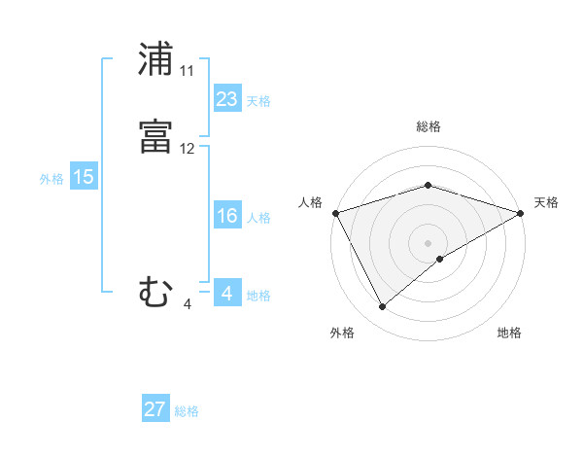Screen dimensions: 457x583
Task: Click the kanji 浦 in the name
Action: [x=155, y=59]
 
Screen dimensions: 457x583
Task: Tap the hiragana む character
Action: [x=155, y=292]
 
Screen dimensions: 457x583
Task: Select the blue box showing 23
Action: [x=227, y=99]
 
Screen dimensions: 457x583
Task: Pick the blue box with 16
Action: [x=227, y=216]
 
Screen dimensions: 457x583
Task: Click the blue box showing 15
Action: [x=84, y=177]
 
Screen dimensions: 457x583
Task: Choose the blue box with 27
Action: [x=155, y=409]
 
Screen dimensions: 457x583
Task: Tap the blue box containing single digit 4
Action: [x=227, y=293]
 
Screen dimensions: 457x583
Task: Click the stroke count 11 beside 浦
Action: [x=188, y=71]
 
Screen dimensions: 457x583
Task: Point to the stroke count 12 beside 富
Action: [x=188, y=149]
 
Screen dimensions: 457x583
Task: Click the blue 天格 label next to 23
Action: [x=258, y=100]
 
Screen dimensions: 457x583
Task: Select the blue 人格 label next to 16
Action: [x=258, y=217]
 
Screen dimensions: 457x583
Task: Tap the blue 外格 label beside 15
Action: [x=51, y=178]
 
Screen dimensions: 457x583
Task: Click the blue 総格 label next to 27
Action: [x=187, y=410]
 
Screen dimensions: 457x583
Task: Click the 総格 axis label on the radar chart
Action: [x=428, y=126]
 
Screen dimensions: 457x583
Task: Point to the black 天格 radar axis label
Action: [x=547, y=202]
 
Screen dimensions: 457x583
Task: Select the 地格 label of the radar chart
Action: [x=509, y=334]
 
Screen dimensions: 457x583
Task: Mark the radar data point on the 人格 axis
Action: [x=335, y=212]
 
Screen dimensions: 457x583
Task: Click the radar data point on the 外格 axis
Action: [x=383, y=307]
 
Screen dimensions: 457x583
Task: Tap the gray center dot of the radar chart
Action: [x=428, y=242]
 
